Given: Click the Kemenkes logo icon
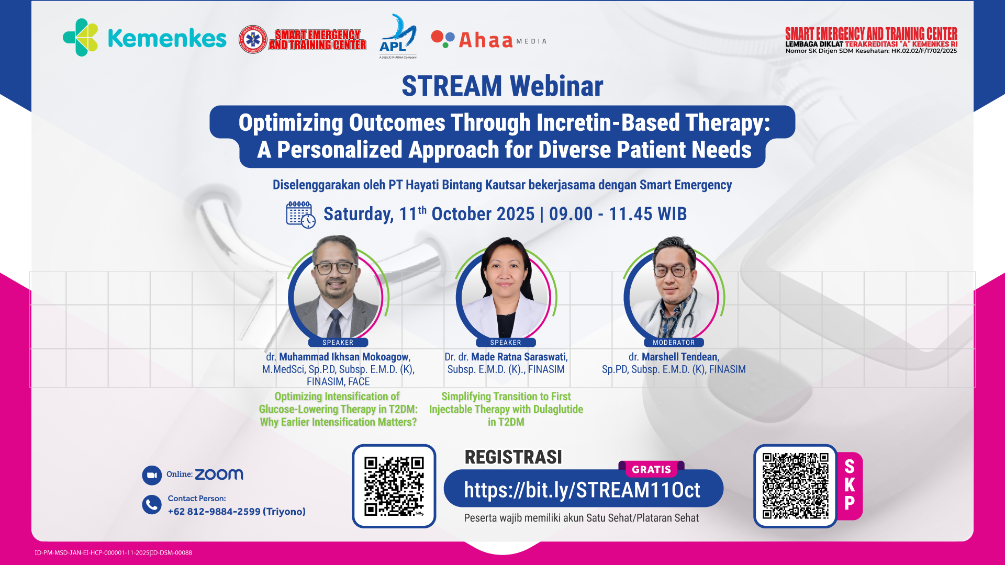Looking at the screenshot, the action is pyautogui.click(x=81, y=37).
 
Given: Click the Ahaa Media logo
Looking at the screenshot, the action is pyautogui.click(x=488, y=39).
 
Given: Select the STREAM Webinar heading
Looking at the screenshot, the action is pyautogui.click(x=502, y=86).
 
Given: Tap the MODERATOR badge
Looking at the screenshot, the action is pyautogui.click(x=674, y=343).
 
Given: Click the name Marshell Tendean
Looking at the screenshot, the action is pyautogui.click(x=680, y=357).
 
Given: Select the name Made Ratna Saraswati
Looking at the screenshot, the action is pyautogui.click(x=519, y=357).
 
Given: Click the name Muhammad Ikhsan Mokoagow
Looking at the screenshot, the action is pyautogui.click(x=344, y=357).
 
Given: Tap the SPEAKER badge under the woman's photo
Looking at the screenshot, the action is pyautogui.click(x=506, y=343).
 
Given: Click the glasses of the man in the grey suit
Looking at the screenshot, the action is pyautogui.click(x=335, y=267).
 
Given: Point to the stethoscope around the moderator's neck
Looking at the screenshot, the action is pyautogui.click(x=675, y=314).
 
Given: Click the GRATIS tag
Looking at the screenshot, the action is pyautogui.click(x=652, y=469).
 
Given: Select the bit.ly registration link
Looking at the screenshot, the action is pyautogui.click(x=582, y=490).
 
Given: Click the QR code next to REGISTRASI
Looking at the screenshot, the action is pyautogui.click(x=394, y=486).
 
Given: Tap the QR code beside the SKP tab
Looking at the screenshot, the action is pyautogui.click(x=796, y=486).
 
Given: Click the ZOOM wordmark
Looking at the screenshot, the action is pyautogui.click(x=219, y=474).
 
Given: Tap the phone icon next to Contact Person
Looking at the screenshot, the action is pyautogui.click(x=152, y=505).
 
